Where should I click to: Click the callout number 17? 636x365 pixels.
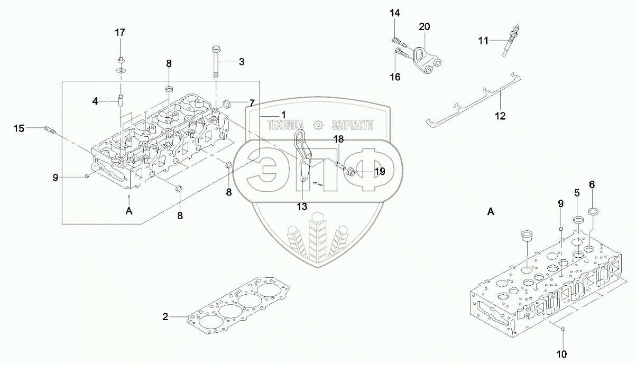(x=120, y=33)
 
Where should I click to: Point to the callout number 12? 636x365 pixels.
(x=500, y=116)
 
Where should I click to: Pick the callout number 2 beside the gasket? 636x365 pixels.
(x=165, y=316)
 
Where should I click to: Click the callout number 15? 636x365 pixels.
(x=19, y=128)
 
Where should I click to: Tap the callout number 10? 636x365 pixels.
(x=561, y=354)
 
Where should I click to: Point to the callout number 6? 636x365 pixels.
(x=592, y=185)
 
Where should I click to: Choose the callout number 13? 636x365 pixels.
(x=302, y=207)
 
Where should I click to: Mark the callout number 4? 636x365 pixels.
(x=95, y=101)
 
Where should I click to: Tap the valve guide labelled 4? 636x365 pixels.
(x=121, y=101)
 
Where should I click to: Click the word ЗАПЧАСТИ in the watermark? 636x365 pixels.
(x=352, y=125)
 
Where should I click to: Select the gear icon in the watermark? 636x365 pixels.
(x=318, y=125)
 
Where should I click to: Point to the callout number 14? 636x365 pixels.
(x=395, y=13)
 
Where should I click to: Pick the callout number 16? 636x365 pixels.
(x=395, y=77)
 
